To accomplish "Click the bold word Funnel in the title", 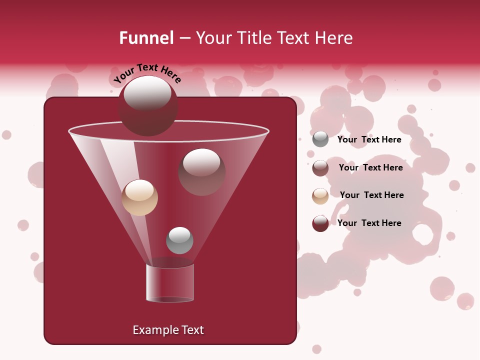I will click(x=146, y=38).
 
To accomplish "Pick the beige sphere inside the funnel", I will click(x=139, y=197).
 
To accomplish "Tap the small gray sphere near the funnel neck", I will click(x=179, y=240).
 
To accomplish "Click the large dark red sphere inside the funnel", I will click(x=201, y=171).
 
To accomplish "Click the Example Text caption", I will click(x=168, y=330).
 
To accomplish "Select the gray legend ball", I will click(x=320, y=139).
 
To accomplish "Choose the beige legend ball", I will click(x=320, y=195).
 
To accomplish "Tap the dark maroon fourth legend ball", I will click(x=320, y=223).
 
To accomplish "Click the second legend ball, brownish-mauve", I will click(x=320, y=167).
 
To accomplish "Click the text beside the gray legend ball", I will click(x=369, y=139).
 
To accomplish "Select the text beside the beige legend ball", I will click(x=371, y=195).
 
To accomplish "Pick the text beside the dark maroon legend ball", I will click(x=369, y=223).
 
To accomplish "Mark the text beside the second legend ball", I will click(x=370, y=167).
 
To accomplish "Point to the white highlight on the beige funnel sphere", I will click(x=139, y=190).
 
